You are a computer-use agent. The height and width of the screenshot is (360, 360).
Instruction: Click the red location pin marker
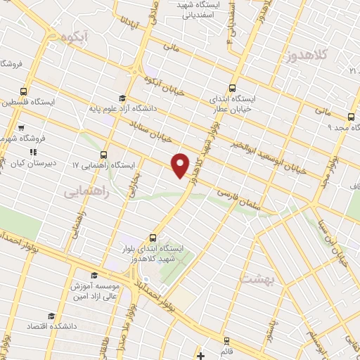[x=181, y=165]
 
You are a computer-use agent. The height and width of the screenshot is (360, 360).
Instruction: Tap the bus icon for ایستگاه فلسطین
[x=24, y=91]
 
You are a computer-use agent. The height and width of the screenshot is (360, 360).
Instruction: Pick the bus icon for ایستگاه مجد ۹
[x=350, y=117]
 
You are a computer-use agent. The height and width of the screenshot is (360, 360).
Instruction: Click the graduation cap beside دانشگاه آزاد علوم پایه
[x=122, y=98]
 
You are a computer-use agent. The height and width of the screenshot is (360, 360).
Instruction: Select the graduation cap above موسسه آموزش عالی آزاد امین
[x=94, y=275]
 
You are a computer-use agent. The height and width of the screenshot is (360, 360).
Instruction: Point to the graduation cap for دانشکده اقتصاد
[x=50, y=297]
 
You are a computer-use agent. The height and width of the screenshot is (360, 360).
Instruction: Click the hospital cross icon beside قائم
[x=201, y=355]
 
